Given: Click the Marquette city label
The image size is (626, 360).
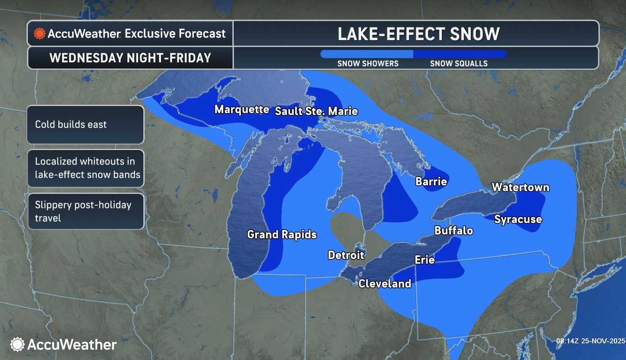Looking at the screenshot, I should tap(242, 109).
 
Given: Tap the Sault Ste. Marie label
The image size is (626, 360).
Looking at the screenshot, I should tap(316, 111).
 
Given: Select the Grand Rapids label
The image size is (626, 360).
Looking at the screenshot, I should tap(282, 234).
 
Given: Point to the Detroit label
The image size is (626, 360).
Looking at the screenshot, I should tap(346, 255).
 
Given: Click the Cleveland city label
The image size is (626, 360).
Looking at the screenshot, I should tap(385, 284).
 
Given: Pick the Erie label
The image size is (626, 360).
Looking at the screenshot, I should tap(425, 260).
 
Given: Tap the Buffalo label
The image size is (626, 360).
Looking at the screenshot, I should tap(453, 230).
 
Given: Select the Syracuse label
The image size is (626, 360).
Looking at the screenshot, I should tap(518, 219).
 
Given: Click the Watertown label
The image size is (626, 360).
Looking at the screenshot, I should tap(520, 187).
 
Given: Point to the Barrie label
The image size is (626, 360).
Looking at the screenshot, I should tap(431, 181).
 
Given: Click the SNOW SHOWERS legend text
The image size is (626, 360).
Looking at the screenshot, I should tap(368, 64).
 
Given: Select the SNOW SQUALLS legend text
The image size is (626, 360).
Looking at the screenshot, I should tap(459, 64).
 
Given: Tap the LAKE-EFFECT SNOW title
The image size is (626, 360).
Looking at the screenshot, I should tap(418, 34).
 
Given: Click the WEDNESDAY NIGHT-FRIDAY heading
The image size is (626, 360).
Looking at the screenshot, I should tap(130, 58).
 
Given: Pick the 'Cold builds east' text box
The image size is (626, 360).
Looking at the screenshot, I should tap(85, 125).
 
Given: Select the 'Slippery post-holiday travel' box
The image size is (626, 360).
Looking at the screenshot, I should tap(85, 211).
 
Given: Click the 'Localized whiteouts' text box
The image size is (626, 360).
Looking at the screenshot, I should tap(85, 168).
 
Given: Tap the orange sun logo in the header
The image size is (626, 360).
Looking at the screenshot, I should tap(40, 34).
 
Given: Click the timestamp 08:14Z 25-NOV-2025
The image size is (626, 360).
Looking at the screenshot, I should tap(590, 341).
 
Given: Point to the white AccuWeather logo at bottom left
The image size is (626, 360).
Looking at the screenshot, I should tap(63, 345).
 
